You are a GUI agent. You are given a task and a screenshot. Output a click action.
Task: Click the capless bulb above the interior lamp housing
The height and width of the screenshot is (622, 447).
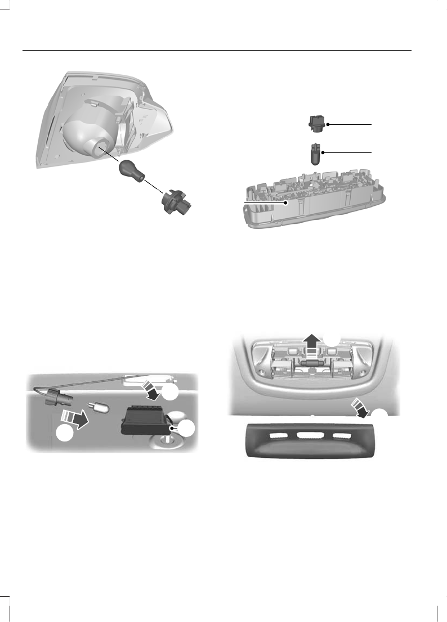coord(315,152)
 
